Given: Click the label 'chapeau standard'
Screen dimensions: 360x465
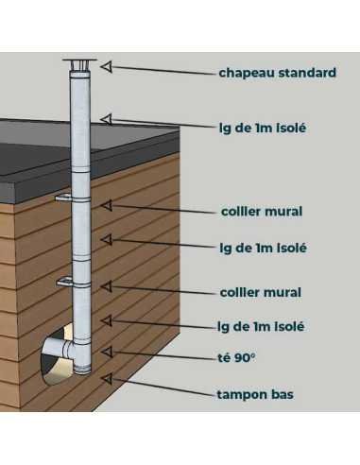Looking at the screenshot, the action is (x=278, y=73).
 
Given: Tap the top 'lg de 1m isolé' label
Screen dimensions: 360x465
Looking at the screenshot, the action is (x=263, y=129).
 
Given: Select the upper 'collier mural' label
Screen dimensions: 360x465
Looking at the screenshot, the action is (x=262, y=212).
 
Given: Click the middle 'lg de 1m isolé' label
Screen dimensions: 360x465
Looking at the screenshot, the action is (x=263, y=249).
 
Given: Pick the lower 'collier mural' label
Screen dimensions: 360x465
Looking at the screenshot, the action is (x=261, y=293).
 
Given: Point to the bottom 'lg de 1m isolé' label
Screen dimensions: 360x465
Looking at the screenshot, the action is (x=261, y=327).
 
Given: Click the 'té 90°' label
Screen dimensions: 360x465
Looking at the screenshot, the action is (x=236, y=358).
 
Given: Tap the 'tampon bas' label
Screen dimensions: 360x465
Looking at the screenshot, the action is (x=255, y=394).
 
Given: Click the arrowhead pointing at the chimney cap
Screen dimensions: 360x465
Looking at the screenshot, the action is (x=107, y=66).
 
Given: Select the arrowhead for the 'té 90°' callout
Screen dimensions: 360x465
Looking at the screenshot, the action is (x=107, y=352).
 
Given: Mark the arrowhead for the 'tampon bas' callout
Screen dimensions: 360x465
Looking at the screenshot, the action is (x=107, y=378).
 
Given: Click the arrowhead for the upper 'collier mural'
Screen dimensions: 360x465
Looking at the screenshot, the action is (x=107, y=205).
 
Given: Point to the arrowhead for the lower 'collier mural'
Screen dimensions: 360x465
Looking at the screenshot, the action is (x=107, y=286).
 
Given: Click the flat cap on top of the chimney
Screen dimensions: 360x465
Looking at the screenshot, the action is (x=80, y=60).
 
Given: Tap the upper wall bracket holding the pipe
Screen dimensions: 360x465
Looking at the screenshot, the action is (x=64, y=198).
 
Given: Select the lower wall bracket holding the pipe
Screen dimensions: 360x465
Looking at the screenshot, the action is (x=64, y=282).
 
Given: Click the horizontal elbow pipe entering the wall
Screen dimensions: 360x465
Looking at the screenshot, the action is (x=59, y=348).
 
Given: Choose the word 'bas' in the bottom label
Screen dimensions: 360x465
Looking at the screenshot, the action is (x=283, y=394).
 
